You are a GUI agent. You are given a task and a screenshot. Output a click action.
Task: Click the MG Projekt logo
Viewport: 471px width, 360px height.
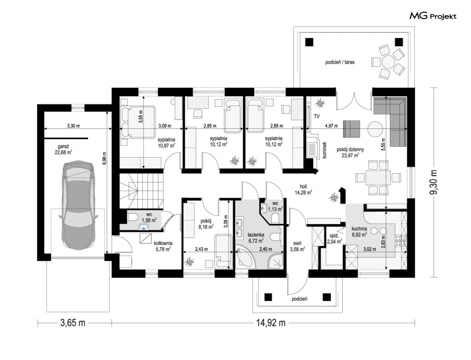433,16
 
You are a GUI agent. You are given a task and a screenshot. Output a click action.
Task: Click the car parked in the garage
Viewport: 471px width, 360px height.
78,206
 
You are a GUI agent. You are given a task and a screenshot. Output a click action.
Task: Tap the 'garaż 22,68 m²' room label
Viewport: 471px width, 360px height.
63,149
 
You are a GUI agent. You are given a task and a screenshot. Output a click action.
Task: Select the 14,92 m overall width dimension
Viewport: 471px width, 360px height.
270,323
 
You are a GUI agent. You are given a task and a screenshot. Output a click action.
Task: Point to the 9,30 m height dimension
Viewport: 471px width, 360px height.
433,182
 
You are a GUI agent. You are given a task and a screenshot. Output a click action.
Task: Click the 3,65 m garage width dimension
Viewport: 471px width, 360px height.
73,323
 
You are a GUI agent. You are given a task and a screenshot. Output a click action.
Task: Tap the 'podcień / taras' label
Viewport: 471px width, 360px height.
340,62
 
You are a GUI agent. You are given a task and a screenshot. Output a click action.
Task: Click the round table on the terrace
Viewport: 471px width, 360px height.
388,61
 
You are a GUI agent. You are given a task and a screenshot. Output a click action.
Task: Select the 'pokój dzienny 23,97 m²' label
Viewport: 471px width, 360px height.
350,152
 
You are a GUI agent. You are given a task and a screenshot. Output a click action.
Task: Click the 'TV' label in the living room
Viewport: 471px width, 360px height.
317,116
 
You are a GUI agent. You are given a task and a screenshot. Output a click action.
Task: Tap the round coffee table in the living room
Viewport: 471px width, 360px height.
375,129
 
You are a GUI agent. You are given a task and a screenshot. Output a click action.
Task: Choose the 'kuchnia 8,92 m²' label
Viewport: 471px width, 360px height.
359,231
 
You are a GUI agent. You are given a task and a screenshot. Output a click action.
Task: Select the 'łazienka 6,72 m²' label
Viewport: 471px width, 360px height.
256,237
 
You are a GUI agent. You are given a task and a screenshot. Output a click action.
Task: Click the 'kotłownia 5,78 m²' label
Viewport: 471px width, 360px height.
163,246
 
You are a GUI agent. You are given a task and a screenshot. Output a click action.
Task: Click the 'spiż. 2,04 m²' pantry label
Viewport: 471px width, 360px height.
334,239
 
